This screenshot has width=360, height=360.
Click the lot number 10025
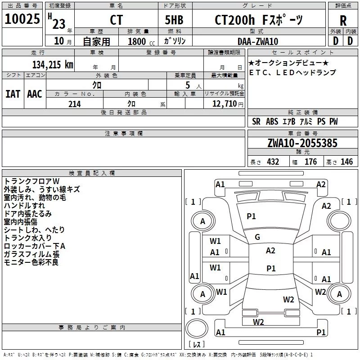(22, 19)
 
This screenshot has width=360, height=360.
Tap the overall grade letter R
(343, 21)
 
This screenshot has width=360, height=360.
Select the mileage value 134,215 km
(53, 65)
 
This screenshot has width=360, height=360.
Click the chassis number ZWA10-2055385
(302, 143)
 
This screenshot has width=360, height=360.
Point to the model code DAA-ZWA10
(258, 41)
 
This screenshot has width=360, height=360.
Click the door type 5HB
(174, 20)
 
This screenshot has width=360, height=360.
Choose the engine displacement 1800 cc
(141, 41)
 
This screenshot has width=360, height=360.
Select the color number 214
(75, 104)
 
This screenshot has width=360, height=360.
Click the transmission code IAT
(13, 94)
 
